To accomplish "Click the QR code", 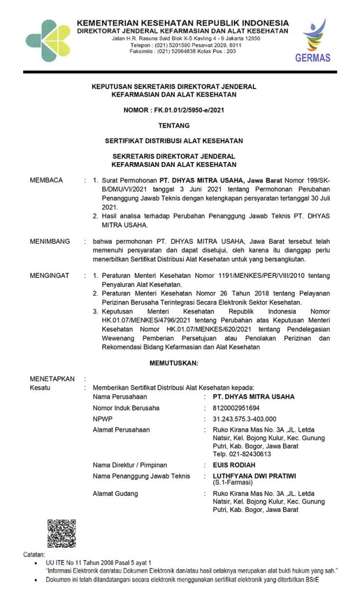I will point(62,533).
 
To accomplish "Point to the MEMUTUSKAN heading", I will point(174,363).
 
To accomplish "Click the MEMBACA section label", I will point(46,181).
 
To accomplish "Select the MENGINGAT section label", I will point(50,276).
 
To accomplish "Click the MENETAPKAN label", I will point(52,379).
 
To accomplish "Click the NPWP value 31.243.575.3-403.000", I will point(244,419).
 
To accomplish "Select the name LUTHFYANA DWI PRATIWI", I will point(254,475).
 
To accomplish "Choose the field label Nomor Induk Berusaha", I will point(126,408).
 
